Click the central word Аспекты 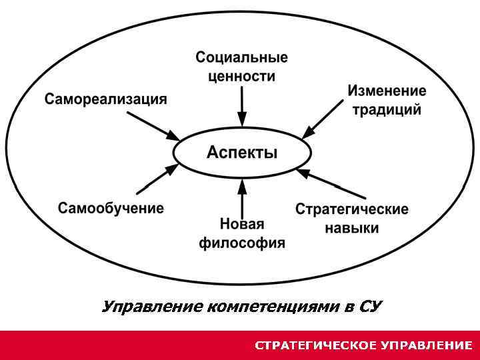(x=242, y=153)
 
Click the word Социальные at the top (x=242, y=57)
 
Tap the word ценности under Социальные (x=241, y=76)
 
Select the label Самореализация (x=106, y=99)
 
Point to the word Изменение (x=387, y=91)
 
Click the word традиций (x=387, y=109)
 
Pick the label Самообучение (x=111, y=208)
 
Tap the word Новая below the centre (x=242, y=224)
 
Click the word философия (x=242, y=243)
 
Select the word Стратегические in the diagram (x=352, y=209)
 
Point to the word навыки (x=352, y=228)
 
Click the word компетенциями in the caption (x=274, y=307)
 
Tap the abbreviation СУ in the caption (x=370, y=307)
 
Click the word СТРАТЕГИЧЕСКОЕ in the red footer (x=316, y=345)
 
